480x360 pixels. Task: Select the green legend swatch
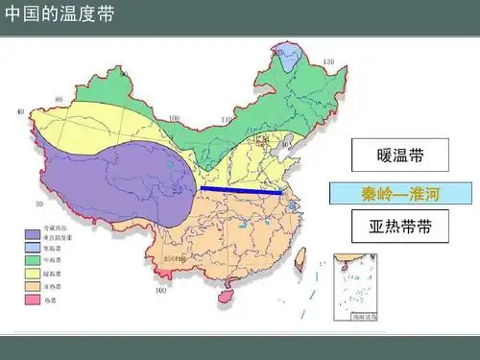34,259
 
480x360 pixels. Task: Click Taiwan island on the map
298,256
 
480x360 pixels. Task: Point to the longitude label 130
328,63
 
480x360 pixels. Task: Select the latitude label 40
20,112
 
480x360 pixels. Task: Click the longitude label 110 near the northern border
227,122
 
